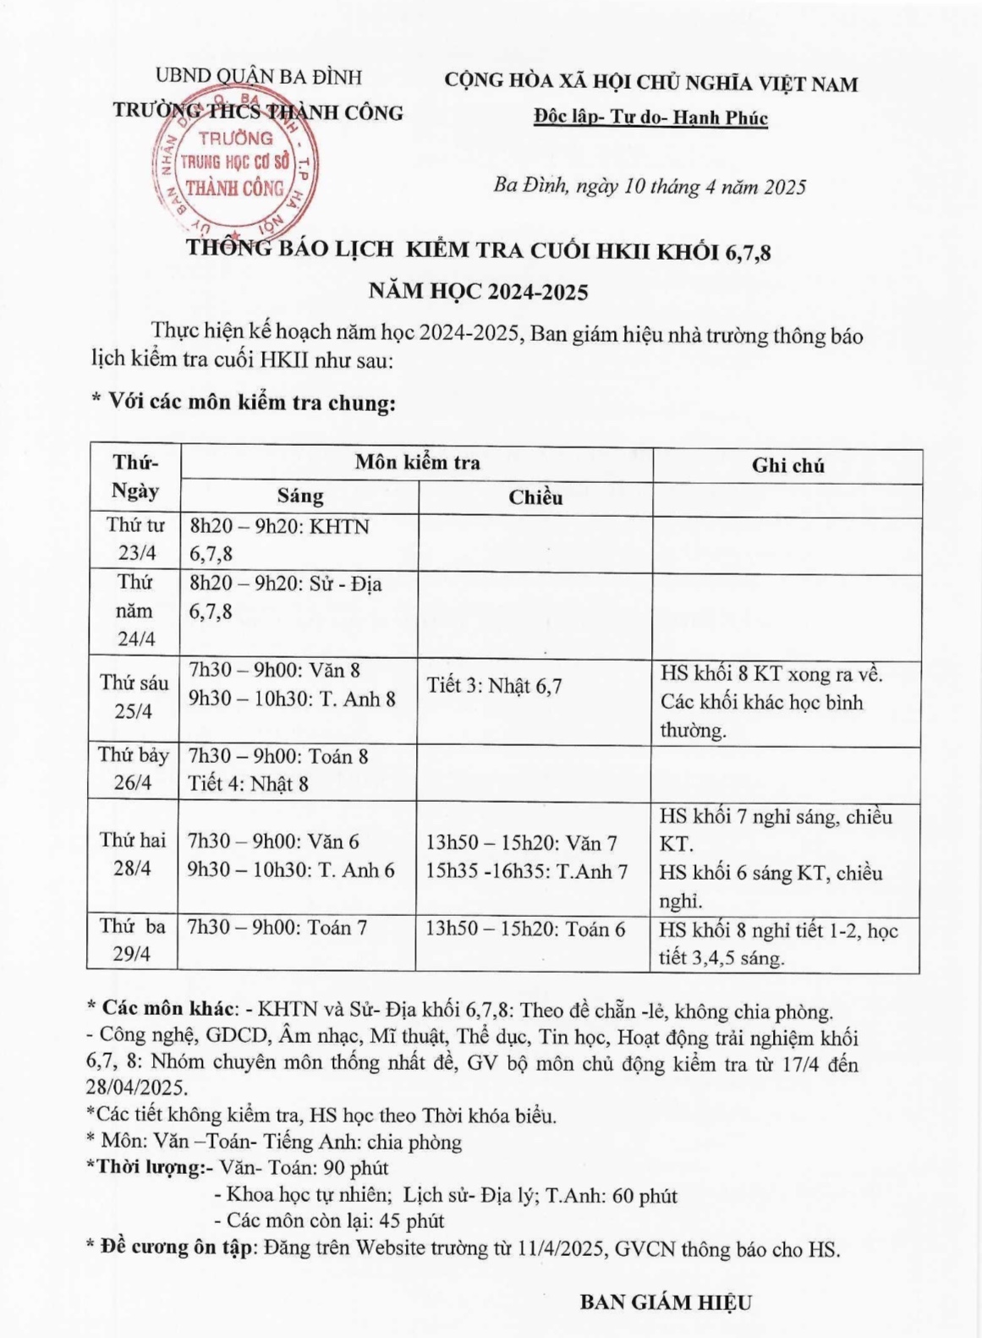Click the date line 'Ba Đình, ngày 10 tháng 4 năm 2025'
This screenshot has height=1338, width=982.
click(x=650, y=186)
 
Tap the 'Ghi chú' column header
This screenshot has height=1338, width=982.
click(x=787, y=465)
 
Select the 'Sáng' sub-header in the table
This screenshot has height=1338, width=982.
click(x=300, y=496)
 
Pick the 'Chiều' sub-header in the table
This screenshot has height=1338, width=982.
click(x=535, y=497)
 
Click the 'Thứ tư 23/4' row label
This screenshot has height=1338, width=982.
click(x=136, y=540)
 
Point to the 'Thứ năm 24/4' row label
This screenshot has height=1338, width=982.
click(x=136, y=611)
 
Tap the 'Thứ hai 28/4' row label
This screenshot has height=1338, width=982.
click(x=133, y=854)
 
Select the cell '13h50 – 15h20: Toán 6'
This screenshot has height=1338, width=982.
click(x=525, y=929)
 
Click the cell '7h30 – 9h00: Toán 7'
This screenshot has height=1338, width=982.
click(x=277, y=928)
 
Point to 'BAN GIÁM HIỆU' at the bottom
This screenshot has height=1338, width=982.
click(x=666, y=1302)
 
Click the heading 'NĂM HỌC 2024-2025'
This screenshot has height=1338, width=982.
click(x=478, y=292)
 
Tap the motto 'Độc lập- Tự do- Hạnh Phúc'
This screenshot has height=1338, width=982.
click(x=650, y=118)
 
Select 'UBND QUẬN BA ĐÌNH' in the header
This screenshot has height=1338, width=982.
click(x=259, y=77)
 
